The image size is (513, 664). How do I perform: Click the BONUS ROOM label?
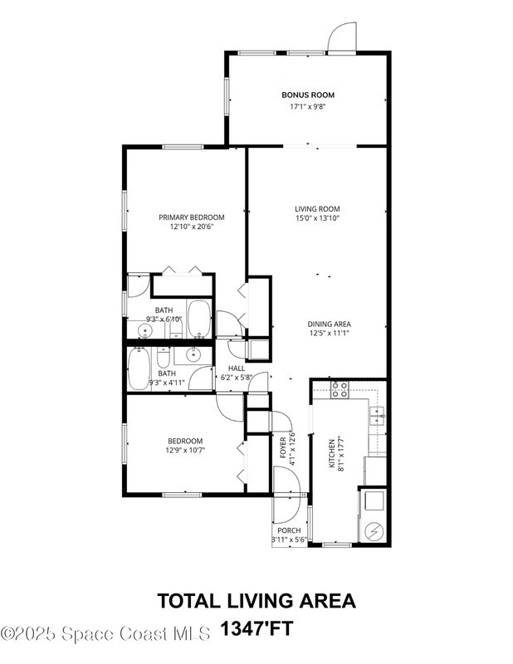pos(308,95)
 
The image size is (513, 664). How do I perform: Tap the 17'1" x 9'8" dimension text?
pos(308,106)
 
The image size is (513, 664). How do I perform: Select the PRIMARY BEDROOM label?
pos(192,217)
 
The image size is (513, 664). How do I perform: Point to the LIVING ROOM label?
pos(317,209)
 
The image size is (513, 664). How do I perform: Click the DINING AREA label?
pos(330,324)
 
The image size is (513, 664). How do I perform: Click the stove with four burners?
pos(340,389)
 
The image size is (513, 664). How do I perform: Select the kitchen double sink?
pos(377,416)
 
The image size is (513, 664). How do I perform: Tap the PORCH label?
pos(289,530)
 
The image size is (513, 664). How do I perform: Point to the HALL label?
pos(237,369)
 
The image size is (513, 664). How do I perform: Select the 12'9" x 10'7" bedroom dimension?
pos(185,450)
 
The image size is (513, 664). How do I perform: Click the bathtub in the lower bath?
pos(139,368)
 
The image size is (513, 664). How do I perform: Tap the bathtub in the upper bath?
pos(198,319)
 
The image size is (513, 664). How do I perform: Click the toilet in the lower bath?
pos(163,358)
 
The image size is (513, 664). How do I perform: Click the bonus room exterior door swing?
pos(342,37)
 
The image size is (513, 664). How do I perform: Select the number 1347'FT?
pos(256,629)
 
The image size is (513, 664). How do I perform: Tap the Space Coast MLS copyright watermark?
pos(105,634)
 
